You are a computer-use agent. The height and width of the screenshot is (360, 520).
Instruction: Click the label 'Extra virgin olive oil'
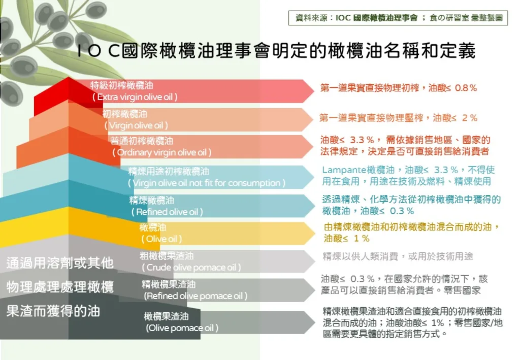(135, 97)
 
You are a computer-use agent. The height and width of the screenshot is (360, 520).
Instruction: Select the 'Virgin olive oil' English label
(136, 125)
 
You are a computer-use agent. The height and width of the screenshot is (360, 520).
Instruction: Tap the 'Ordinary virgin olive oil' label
(162, 152)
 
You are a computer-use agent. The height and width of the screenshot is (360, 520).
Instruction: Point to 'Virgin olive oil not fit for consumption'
(207, 183)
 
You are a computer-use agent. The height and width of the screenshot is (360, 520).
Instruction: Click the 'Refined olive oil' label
(167, 212)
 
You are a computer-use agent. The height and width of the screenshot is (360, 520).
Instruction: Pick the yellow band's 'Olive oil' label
(161, 239)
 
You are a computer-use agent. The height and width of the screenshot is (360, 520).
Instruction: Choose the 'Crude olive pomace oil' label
(191, 268)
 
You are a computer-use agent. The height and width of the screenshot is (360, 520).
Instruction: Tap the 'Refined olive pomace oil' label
(196, 296)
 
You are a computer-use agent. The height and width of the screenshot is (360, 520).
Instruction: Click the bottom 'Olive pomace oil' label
(182, 328)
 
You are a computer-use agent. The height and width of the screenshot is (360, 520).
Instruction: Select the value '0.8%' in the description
(466, 88)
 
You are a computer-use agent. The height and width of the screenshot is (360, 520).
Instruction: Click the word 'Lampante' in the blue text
(344, 170)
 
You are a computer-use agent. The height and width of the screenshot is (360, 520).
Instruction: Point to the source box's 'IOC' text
(343, 18)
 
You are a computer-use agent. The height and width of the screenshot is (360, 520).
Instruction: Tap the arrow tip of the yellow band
(315, 234)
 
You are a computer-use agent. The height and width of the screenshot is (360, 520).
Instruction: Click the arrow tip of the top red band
(314, 90)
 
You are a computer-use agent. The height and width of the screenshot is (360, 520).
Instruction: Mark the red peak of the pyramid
(69, 78)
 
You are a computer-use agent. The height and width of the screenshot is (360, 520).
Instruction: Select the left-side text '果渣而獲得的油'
(53, 311)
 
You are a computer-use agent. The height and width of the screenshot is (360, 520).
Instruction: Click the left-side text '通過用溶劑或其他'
(60, 263)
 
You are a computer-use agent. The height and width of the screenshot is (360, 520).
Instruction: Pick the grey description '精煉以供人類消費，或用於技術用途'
(398, 256)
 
